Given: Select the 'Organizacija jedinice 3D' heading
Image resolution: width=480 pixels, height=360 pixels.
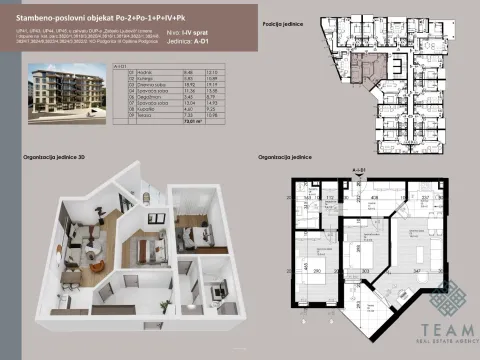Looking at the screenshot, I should tap(57, 158).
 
